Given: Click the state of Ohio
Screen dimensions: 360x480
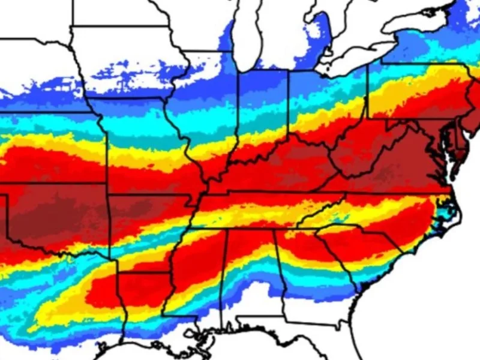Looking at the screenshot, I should coord(327,108).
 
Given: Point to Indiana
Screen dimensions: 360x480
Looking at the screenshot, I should coord(264,114).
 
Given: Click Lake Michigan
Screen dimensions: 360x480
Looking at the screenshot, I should coord(246,36).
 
